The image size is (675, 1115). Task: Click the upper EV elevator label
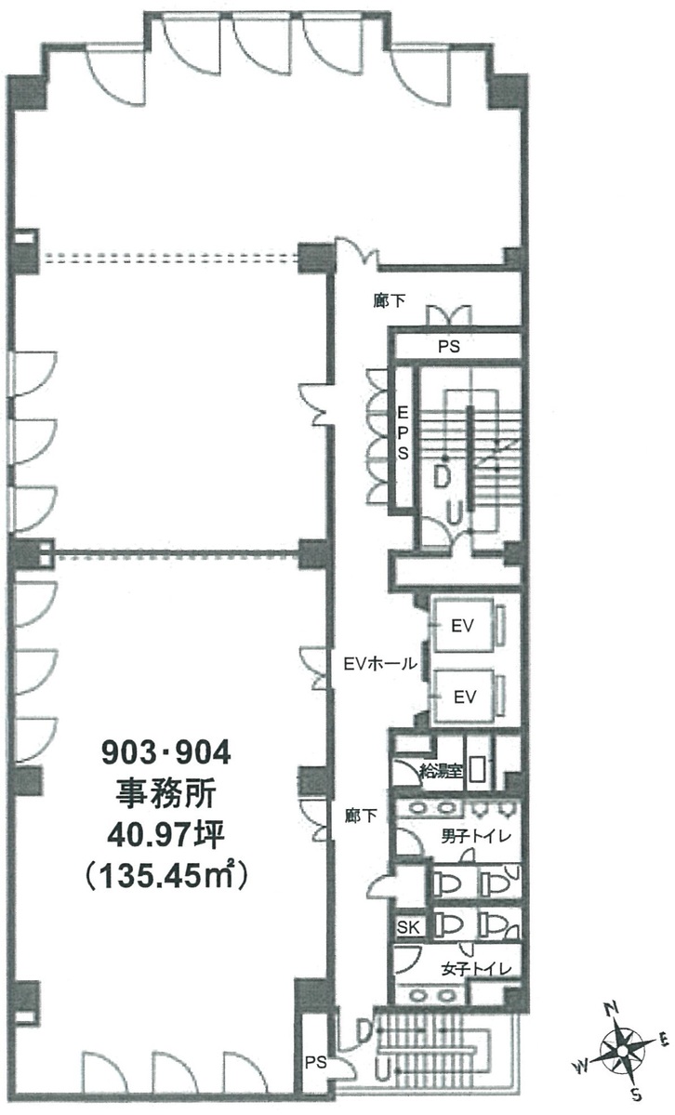pos(462,627)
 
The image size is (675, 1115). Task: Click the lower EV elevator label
pos(464,696)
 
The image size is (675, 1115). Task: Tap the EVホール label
pos(379,663)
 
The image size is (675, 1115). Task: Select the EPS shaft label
pos(403,432)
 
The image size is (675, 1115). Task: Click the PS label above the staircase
pos(449,346)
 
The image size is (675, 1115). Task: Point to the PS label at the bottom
pos(316,1062)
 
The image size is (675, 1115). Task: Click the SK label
pos(408,927)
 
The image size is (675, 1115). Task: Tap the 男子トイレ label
pos(476,836)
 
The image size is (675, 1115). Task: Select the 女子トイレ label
pos(476,968)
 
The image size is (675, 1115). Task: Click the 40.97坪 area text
pos(165,834)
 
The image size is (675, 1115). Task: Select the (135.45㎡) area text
pos(165,875)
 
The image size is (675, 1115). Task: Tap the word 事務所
pos(165,793)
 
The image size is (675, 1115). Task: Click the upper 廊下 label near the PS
pos(389,300)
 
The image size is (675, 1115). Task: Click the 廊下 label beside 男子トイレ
pos(361,816)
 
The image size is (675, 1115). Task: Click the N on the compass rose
pos(610,1009)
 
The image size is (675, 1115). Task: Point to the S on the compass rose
pos(637,1094)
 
